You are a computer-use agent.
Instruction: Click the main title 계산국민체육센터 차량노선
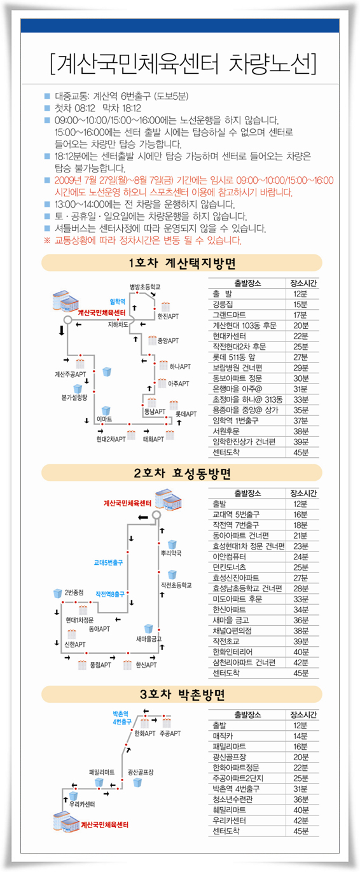pyautogui.click(x=183, y=64)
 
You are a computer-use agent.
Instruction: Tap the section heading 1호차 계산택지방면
pyautogui.click(x=182, y=263)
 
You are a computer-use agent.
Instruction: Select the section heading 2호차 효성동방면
pyautogui.click(x=182, y=473)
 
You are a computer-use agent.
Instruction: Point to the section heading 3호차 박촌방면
pyautogui.click(x=182, y=694)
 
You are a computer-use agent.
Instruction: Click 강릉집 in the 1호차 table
pyautogui.click(x=223, y=305)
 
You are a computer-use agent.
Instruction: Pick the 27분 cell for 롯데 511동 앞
pyautogui.click(x=300, y=357)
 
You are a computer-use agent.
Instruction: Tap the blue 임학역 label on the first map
pyautogui.click(x=118, y=301)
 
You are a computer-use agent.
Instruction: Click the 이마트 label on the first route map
pyautogui.click(x=104, y=419)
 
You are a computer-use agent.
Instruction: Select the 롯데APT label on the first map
pyautogui.click(x=186, y=414)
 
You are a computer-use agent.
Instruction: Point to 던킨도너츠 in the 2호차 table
pyautogui.click(x=229, y=567)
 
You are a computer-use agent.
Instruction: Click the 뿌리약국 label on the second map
pyautogui.click(x=171, y=553)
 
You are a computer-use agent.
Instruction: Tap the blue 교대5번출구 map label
pyautogui.click(x=108, y=562)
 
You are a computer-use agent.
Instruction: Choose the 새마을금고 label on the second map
pyautogui.click(x=149, y=639)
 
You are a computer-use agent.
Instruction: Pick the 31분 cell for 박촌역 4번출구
pyautogui.click(x=300, y=789)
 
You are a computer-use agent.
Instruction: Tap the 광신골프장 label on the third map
pyautogui.click(x=141, y=772)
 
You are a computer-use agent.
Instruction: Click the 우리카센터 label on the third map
pyautogui.click(x=81, y=804)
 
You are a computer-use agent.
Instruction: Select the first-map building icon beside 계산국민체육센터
pyautogui.click(x=66, y=301)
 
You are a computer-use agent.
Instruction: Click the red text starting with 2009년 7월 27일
pyautogui.click(x=194, y=186)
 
